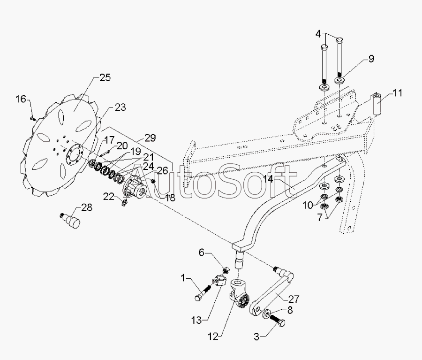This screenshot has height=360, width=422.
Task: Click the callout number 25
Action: click(105, 78)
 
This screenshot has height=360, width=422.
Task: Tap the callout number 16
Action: click(21, 99)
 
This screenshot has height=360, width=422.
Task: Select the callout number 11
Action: click(397, 93)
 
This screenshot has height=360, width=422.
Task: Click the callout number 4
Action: click(318, 34)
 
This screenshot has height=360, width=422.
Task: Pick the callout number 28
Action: click(87, 207)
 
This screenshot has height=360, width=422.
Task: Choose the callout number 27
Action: click(294, 299)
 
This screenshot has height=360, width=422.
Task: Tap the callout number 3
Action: click(256, 337)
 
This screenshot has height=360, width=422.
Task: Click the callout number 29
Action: click(150, 138)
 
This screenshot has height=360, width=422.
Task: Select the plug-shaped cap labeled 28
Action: click(70, 220)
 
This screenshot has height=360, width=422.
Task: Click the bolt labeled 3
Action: click(277, 320)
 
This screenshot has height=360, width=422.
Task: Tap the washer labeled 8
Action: click(267, 314)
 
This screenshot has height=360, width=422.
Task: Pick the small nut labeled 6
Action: click(226, 270)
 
